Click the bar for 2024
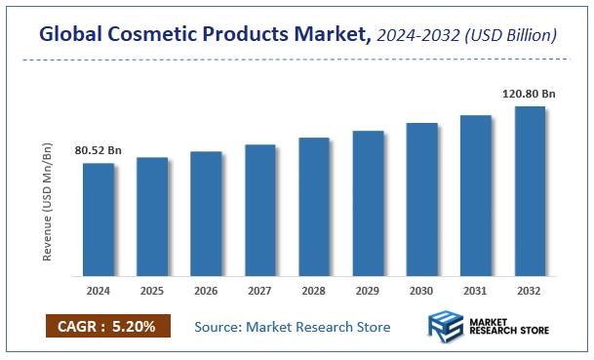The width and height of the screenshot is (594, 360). pyautogui.click(x=99, y=219)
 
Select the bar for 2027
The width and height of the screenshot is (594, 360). pyautogui.click(x=260, y=210)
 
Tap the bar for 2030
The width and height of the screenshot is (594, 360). pyautogui.click(x=422, y=199)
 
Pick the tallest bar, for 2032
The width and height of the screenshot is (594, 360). pyautogui.click(x=530, y=190)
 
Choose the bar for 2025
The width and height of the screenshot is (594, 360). pyautogui.click(x=152, y=216)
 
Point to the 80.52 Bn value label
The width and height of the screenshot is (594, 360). pyautogui.click(x=99, y=151)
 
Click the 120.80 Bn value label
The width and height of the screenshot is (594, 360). pyautogui.click(x=529, y=94)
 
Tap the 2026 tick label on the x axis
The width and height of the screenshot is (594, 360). pyautogui.click(x=206, y=290)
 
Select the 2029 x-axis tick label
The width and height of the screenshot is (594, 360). pyautogui.click(x=368, y=290)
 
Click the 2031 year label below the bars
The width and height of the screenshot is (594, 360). pyautogui.click(x=476, y=290)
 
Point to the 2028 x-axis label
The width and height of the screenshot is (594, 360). pyautogui.click(x=314, y=290)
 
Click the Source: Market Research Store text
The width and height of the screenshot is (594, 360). pyautogui.click(x=293, y=326)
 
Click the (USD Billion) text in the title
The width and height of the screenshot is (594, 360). pyautogui.click(x=512, y=35)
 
